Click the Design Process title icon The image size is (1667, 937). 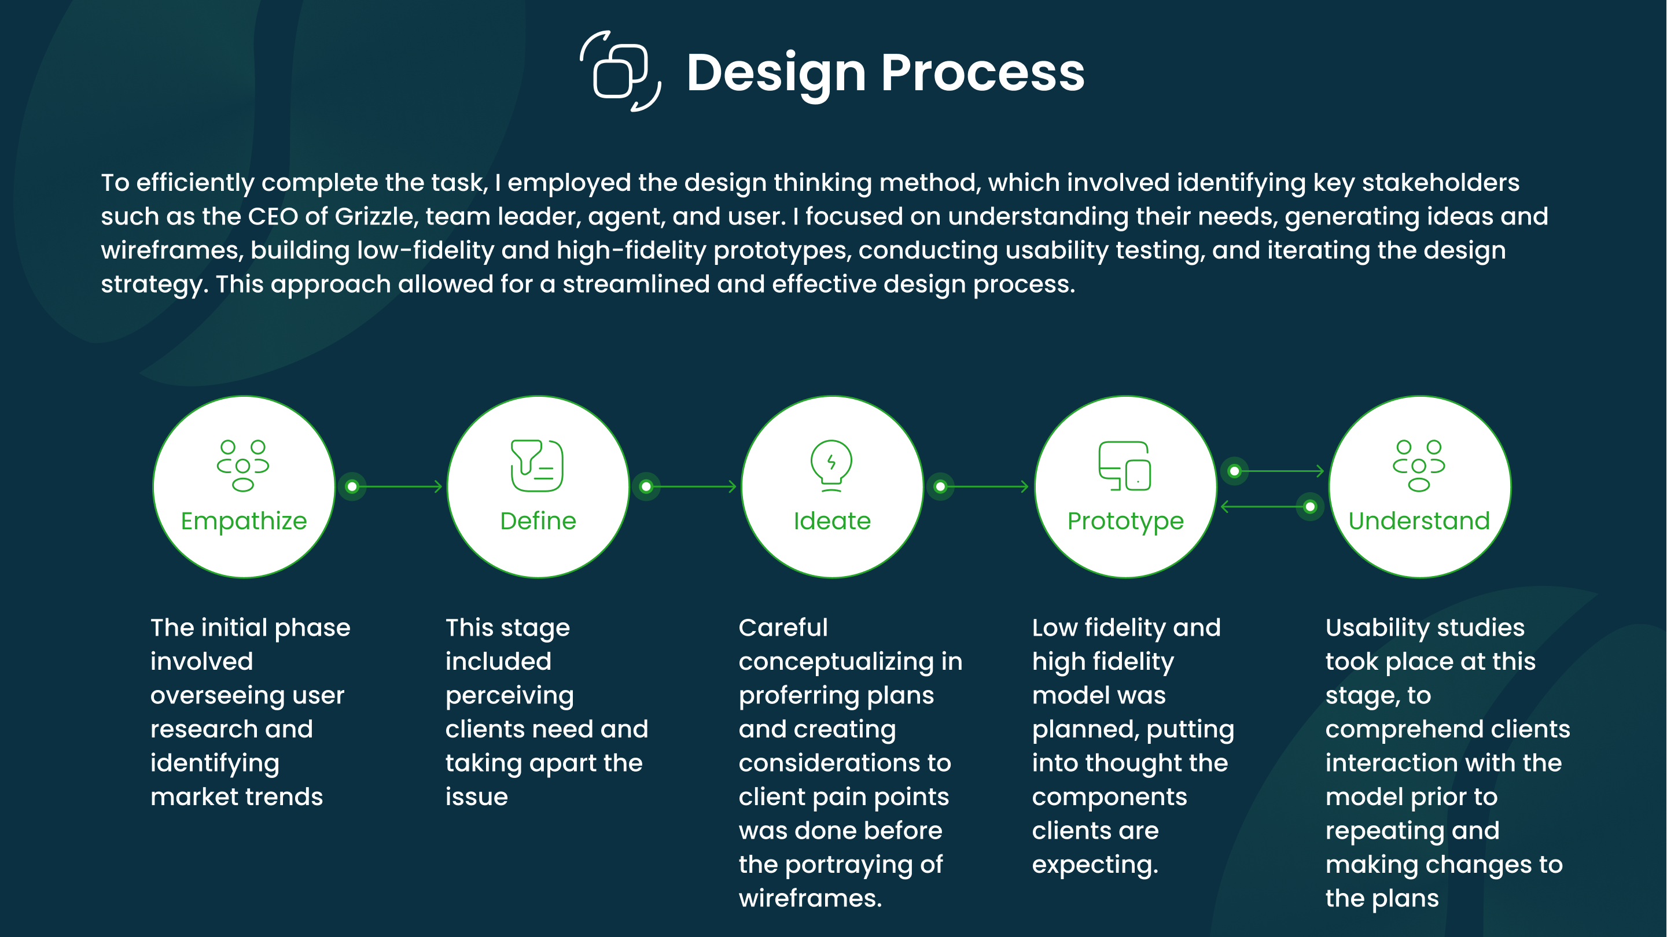click(620, 71)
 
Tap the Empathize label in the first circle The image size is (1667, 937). click(244, 521)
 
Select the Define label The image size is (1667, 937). click(538, 521)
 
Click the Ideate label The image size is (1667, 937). click(832, 521)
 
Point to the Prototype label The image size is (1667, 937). click(1125, 521)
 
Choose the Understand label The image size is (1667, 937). click(1419, 521)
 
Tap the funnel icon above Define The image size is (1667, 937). click(536, 465)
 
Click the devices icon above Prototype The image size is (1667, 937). click(1125, 466)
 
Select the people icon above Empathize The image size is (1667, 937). click(242, 465)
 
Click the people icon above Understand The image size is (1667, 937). click(1419, 465)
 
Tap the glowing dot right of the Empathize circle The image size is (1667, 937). click(352, 486)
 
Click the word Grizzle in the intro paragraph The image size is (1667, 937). click(374, 216)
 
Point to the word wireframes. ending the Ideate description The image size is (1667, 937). click(810, 898)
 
